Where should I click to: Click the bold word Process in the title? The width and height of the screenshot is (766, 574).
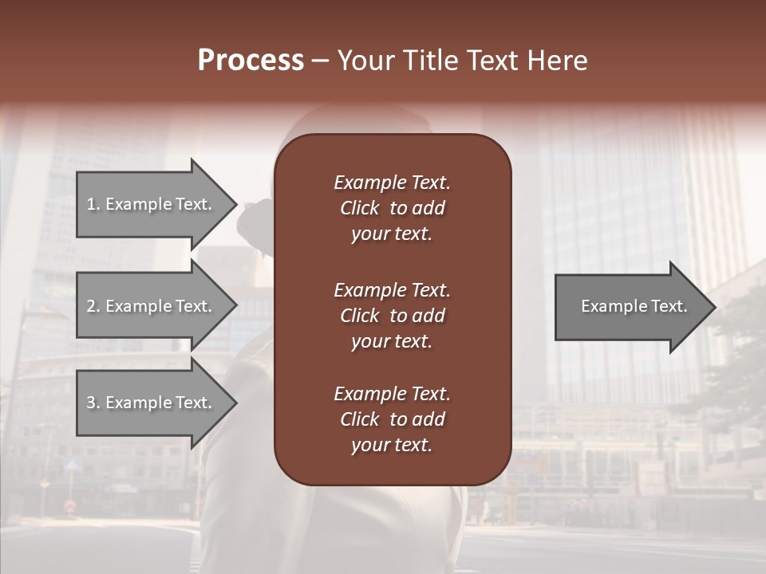(x=251, y=61)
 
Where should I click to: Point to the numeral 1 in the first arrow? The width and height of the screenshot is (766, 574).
(x=91, y=204)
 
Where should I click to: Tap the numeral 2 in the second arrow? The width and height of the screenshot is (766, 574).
(x=91, y=306)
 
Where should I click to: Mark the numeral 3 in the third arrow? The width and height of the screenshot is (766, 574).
(x=91, y=403)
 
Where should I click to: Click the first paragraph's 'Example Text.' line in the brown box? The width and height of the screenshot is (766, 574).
(x=392, y=183)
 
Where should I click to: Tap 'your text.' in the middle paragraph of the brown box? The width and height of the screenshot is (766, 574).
(x=392, y=341)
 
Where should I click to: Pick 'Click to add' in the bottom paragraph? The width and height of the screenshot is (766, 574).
(x=392, y=419)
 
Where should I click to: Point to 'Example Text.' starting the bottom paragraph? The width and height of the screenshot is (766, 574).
(x=392, y=394)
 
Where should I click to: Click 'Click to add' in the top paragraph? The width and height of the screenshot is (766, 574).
(x=392, y=208)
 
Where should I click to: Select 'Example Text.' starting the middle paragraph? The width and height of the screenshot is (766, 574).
(x=392, y=290)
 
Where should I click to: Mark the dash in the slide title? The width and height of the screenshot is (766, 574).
(x=320, y=61)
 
